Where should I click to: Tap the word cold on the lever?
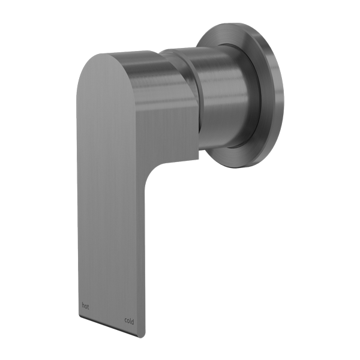point(129,321)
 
